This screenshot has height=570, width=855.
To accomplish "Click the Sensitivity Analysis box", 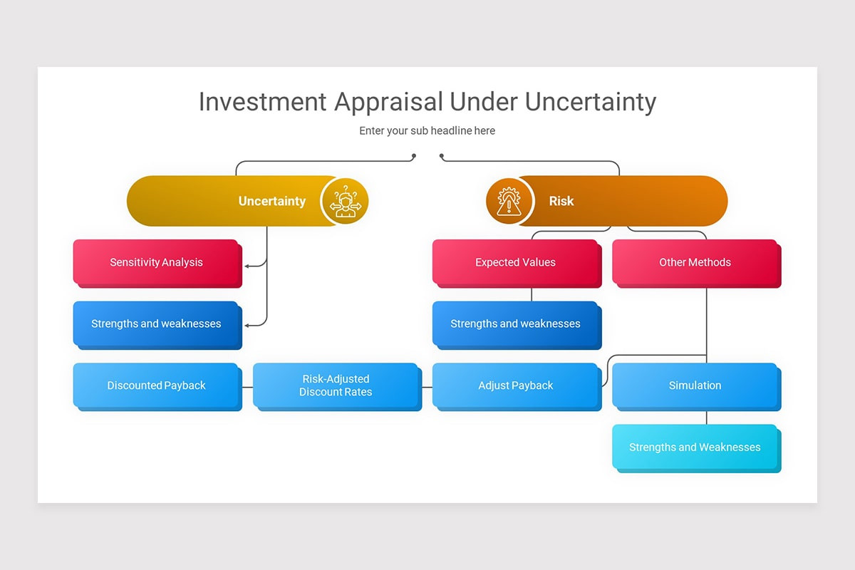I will (x=156, y=262).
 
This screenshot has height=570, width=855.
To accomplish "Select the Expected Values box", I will (x=515, y=262).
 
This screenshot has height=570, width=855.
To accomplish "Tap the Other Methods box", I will (x=695, y=262).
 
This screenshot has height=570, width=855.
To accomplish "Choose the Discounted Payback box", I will (x=156, y=385).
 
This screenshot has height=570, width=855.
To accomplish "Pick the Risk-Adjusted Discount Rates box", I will (x=336, y=385).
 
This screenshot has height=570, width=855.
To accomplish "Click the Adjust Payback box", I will (x=515, y=385).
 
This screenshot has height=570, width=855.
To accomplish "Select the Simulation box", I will (x=695, y=385).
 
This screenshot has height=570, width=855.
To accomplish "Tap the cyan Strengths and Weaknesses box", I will (x=695, y=447).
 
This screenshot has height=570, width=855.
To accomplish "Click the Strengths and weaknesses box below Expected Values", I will (x=515, y=323).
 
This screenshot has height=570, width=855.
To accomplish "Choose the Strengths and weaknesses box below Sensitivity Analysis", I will (x=156, y=323).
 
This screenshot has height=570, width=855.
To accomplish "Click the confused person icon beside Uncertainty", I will (x=345, y=201).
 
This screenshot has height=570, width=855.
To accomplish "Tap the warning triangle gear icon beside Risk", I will (x=509, y=201).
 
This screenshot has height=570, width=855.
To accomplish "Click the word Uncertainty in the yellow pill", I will (x=271, y=201).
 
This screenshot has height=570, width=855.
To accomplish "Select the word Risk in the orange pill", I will (x=561, y=201).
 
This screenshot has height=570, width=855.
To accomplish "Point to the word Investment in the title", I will (x=261, y=102).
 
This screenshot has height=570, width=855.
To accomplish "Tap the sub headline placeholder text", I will (x=427, y=130).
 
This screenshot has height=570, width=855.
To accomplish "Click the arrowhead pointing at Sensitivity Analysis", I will (x=247, y=266).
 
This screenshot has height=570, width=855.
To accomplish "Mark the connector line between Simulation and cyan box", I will (x=706, y=418).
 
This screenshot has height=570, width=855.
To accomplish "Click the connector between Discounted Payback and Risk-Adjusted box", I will (x=247, y=387).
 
